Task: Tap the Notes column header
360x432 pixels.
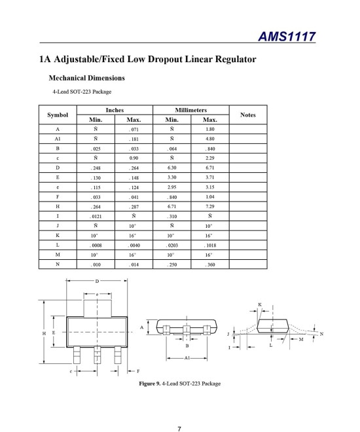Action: (247, 115)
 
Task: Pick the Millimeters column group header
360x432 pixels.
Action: (191, 111)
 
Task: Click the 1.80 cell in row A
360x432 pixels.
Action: (210, 130)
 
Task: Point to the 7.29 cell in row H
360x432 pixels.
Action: (210, 206)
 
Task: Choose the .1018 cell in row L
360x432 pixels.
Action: (210, 243)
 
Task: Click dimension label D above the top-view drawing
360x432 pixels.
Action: (97, 281)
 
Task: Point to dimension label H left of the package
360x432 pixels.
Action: (45, 333)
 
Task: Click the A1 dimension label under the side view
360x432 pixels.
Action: (187, 359)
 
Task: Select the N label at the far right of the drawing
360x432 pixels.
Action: (321, 334)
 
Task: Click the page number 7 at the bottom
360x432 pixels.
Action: (179, 410)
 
